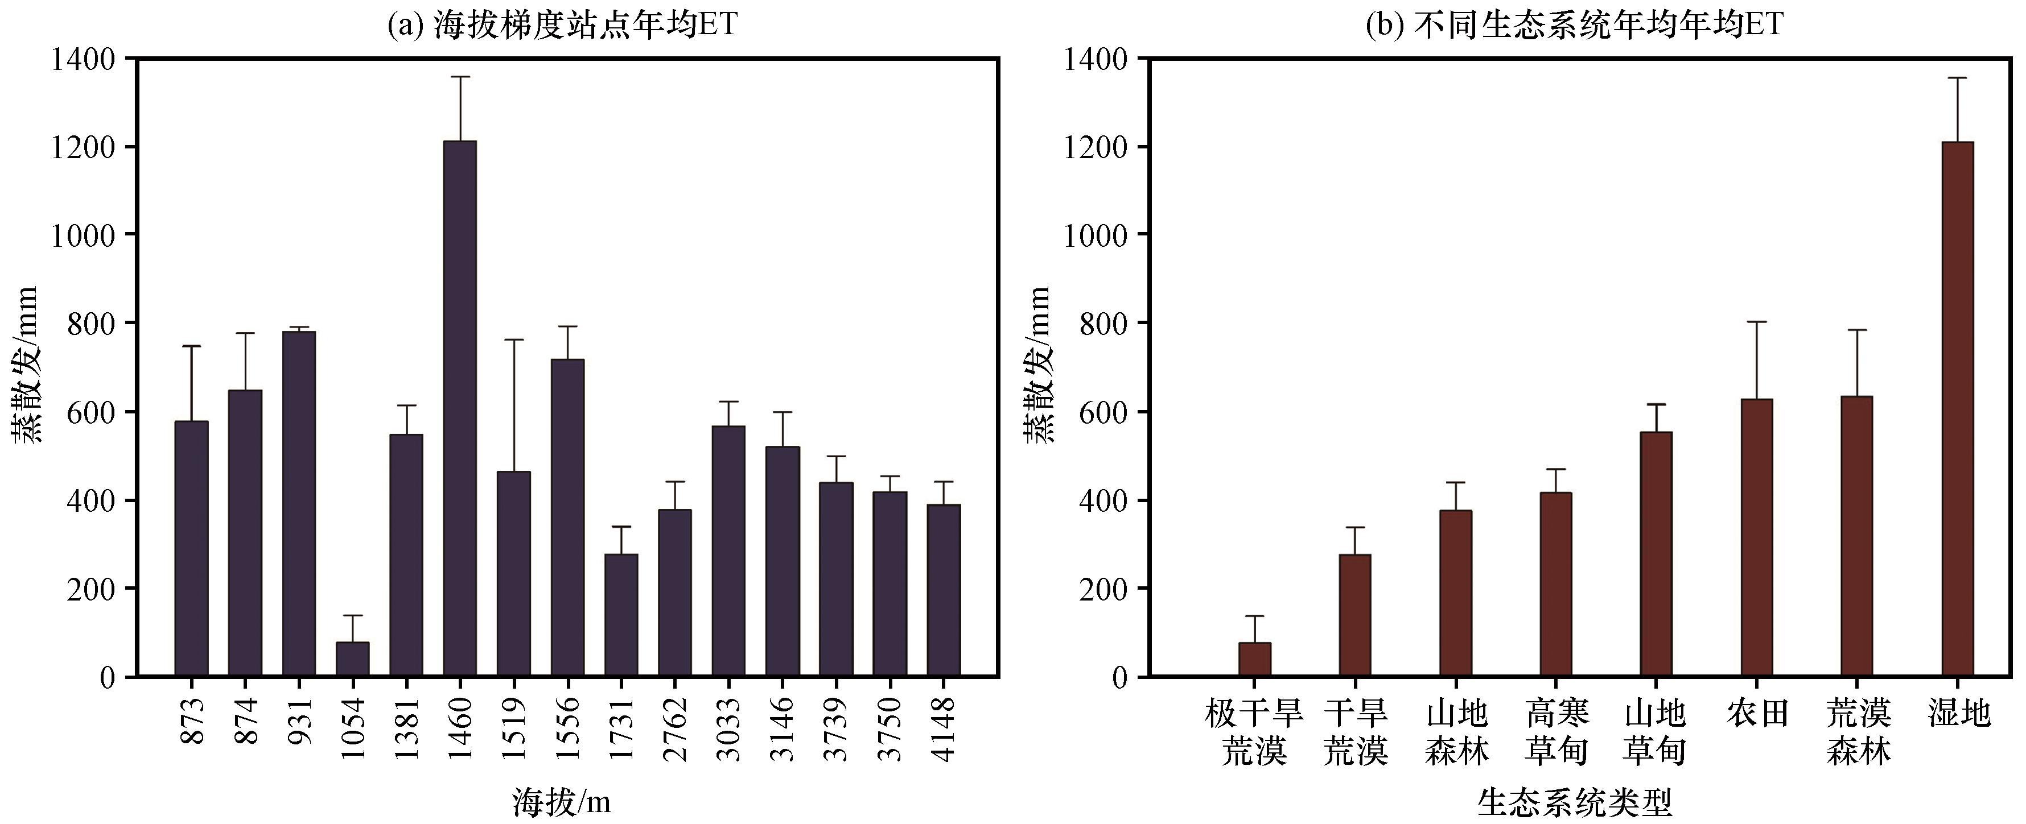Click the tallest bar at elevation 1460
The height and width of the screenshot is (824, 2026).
459,408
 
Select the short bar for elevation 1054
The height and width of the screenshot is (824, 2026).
352,659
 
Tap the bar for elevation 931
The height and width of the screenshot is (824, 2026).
299,503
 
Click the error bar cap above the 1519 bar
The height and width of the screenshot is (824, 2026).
513,339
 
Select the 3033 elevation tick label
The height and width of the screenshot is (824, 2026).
728,729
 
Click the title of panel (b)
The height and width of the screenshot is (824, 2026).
1575,25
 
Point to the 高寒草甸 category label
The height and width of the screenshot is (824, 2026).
1557,732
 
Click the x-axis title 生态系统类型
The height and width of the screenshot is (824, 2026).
1575,802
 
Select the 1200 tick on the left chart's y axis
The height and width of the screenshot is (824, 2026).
83,147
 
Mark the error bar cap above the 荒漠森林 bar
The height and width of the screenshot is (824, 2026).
1857,330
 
